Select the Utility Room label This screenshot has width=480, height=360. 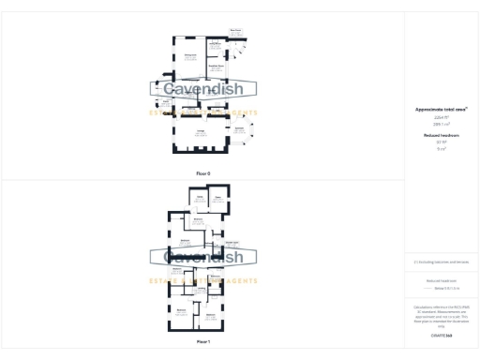(x=215, y=43)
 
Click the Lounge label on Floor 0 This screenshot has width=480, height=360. (x=201, y=132)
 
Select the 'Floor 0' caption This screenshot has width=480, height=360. (x=202, y=173)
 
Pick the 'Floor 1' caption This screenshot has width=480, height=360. (x=202, y=342)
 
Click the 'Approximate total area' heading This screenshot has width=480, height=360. (x=441, y=109)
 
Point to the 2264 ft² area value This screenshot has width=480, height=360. (x=441, y=117)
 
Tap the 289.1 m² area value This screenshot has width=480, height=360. (x=441, y=123)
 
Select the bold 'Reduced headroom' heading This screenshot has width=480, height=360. (x=441, y=135)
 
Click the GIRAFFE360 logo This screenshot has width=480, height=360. (x=441, y=335)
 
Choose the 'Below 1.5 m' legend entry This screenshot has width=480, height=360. (x=444, y=289)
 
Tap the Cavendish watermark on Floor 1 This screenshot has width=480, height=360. (x=202, y=256)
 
